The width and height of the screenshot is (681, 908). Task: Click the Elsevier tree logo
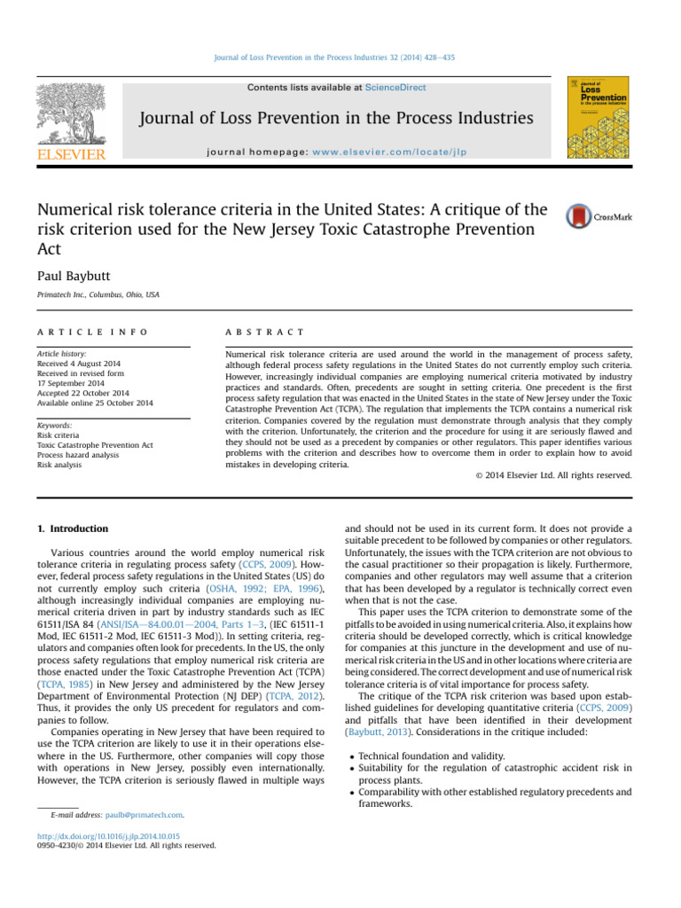(70, 114)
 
